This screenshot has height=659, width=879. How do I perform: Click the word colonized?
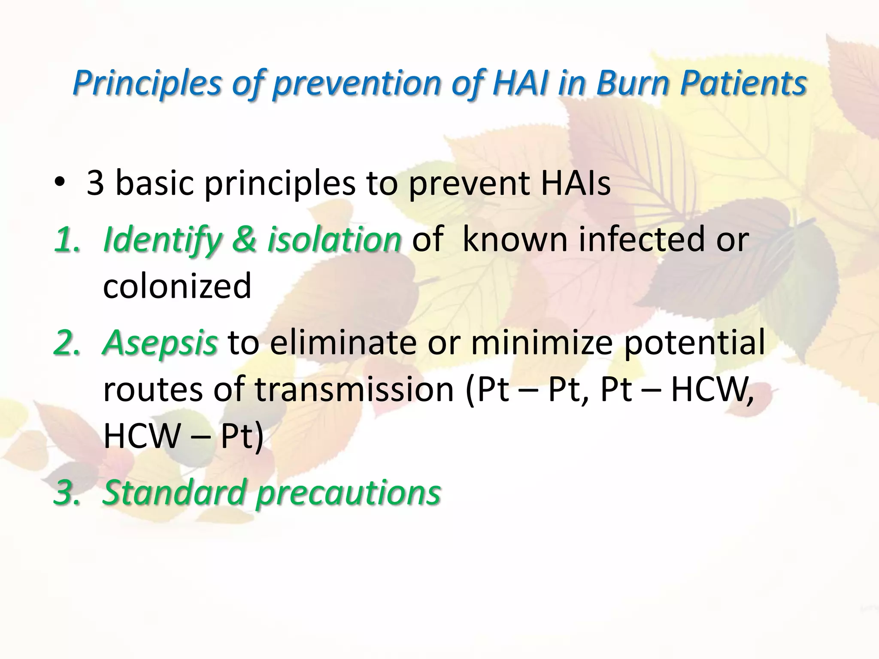point(177,287)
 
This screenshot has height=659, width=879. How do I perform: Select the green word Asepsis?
point(160,343)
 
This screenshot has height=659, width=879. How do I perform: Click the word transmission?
point(354,390)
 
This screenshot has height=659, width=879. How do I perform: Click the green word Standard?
point(173,492)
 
